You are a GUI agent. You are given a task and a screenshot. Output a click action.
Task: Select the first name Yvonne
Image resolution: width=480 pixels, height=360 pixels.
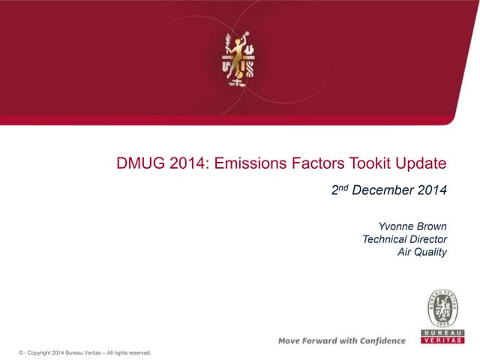397,226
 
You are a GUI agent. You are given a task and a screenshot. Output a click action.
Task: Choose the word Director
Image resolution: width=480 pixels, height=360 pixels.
427,238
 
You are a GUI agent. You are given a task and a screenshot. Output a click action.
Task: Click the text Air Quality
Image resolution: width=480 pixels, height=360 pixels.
422,251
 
